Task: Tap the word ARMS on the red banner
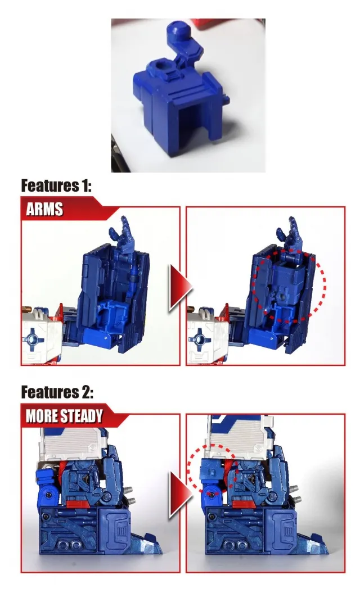click(45, 210)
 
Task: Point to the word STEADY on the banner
click(82, 416)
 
